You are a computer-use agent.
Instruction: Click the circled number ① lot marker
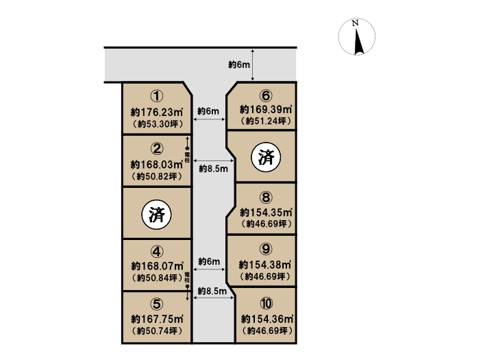(x=157, y=96)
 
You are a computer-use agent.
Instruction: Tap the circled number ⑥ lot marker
(x=266, y=96)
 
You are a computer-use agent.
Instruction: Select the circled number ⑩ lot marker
(x=267, y=304)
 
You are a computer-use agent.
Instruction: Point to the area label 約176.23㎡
(x=157, y=112)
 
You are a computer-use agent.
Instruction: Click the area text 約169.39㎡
(x=266, y=109)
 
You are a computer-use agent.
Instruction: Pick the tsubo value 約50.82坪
(x=157, y=177)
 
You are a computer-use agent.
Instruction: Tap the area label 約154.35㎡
(x=266, y=212)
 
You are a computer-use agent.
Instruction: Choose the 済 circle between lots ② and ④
(x=156, y=214)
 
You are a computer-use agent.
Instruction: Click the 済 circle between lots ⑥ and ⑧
(x=266, y=157)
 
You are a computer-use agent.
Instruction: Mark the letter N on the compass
(x=356, y=23)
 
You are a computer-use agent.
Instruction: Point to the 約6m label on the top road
(x=239, y=64)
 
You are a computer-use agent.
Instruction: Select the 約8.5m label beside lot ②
(x=214, y=169)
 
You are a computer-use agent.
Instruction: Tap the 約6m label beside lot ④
(x=209, y=262)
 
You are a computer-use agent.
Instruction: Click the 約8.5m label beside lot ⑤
(x=212, y=291)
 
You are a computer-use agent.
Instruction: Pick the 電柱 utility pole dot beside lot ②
(x=187, y=149)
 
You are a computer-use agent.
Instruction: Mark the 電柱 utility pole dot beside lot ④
(x=187, y=287)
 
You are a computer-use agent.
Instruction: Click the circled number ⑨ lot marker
(x=266, y=249)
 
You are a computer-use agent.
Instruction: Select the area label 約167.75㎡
(x=157, y=319)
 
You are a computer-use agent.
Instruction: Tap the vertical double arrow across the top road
(x=253, y=64)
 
